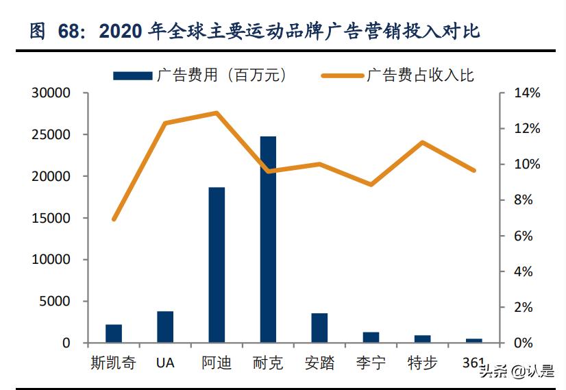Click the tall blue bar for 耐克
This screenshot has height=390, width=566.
(x=268, y=240)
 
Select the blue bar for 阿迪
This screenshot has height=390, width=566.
(x=217, y=265)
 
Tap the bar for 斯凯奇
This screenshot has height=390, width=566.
(x=114, y=333)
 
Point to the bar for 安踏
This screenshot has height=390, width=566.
(x=319, y=328)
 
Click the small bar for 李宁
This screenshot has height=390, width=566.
(x=371, y=337)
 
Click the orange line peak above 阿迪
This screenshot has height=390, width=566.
(x=217, y=112)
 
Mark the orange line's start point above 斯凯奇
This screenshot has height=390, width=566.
(x=114, y=219)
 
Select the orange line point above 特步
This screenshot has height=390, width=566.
(x=422, y=143)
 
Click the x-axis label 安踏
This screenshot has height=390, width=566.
(x=319, y=363)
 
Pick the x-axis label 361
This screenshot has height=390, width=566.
(x=473, y=362)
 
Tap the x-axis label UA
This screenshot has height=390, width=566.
(x=165, y=363)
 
